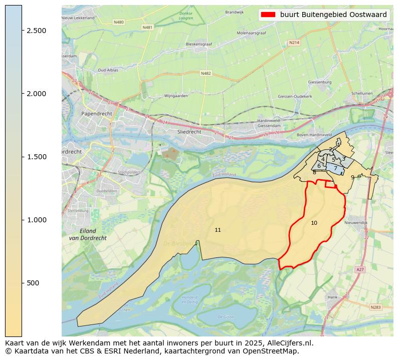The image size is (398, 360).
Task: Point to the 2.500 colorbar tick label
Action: click(x=36, y=31)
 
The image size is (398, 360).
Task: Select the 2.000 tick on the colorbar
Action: click(x=36, y=94)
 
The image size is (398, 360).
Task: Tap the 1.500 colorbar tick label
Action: click(x=36, y=157)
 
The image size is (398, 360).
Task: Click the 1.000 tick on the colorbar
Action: click(x=36, y=220)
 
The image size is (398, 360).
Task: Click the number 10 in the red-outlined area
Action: click(x=314, y=223)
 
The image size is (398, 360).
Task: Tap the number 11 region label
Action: click(x=218, y=230)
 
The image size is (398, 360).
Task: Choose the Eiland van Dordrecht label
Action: click(x=87, y=234)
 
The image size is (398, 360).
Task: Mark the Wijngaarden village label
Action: click(x=176, y=96)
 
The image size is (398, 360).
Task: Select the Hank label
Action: click(x=333, y=297)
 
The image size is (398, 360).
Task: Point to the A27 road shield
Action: click(x=360, y=269)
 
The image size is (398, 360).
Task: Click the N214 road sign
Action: click(x=294, y=43)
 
